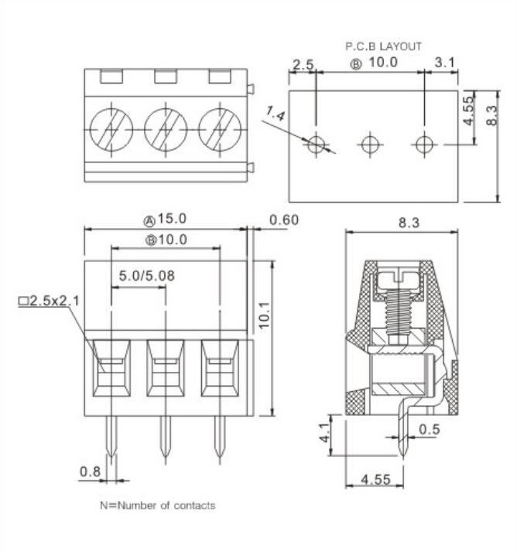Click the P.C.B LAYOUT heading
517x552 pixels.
click(383, 46)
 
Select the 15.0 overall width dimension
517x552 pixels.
click(166, 220)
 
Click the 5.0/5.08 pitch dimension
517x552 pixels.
click(146, 275)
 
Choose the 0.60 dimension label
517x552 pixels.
click(283, 220)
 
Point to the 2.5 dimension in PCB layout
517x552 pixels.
click(303, 63)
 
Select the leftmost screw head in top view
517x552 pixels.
click(111, 128)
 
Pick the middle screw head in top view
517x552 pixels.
click(166, 128)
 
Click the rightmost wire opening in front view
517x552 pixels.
click(220, 368)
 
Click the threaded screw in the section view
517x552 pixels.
click(397, 305)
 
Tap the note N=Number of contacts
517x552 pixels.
click(157, 506)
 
